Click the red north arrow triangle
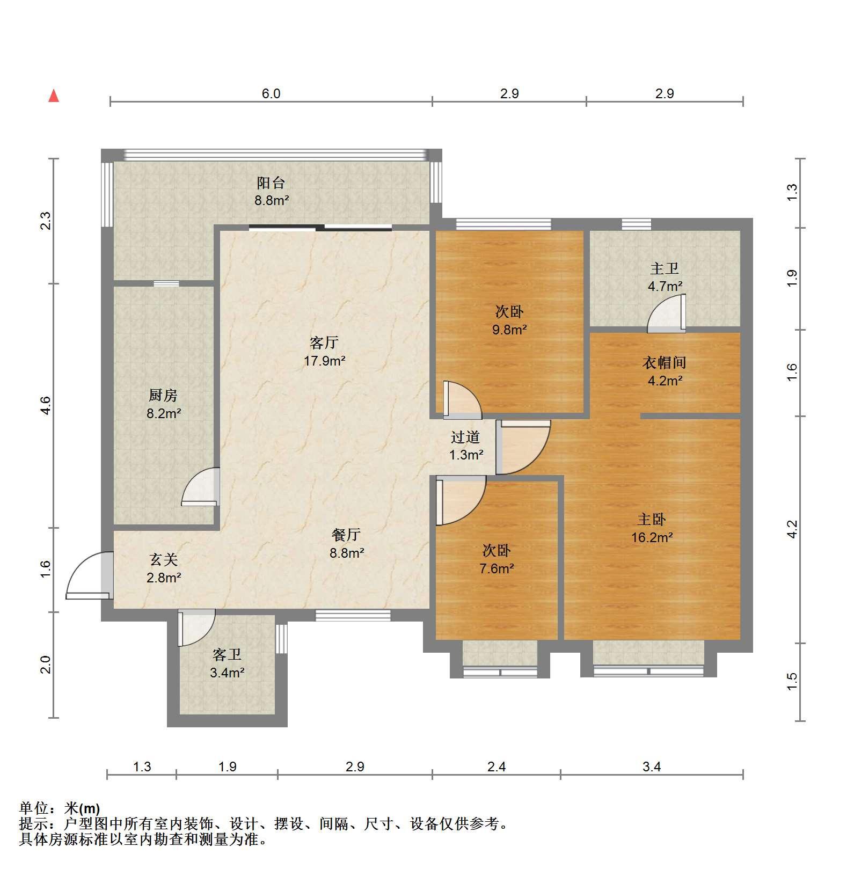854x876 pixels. [54, 96]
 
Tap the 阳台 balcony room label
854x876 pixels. [271, 183]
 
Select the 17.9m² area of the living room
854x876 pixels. [325, 361]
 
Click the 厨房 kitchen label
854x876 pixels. [163, 396]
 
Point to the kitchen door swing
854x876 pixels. [201, 487]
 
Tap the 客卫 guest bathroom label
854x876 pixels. [227, 655]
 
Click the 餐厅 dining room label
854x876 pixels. [346, 535]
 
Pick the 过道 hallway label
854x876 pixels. [465, 437]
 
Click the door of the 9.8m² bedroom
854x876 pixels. [463, 400]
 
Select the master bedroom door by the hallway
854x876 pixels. [523, 448]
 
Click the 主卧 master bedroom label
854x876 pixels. [652, 519]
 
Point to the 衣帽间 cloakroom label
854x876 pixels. [665, 363]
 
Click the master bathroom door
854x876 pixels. [667, 313]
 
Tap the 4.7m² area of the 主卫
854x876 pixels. [665, 286]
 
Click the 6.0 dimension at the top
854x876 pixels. [271, 94]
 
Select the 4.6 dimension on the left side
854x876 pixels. [45, 405]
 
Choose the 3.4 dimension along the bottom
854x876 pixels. [652, 767]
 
